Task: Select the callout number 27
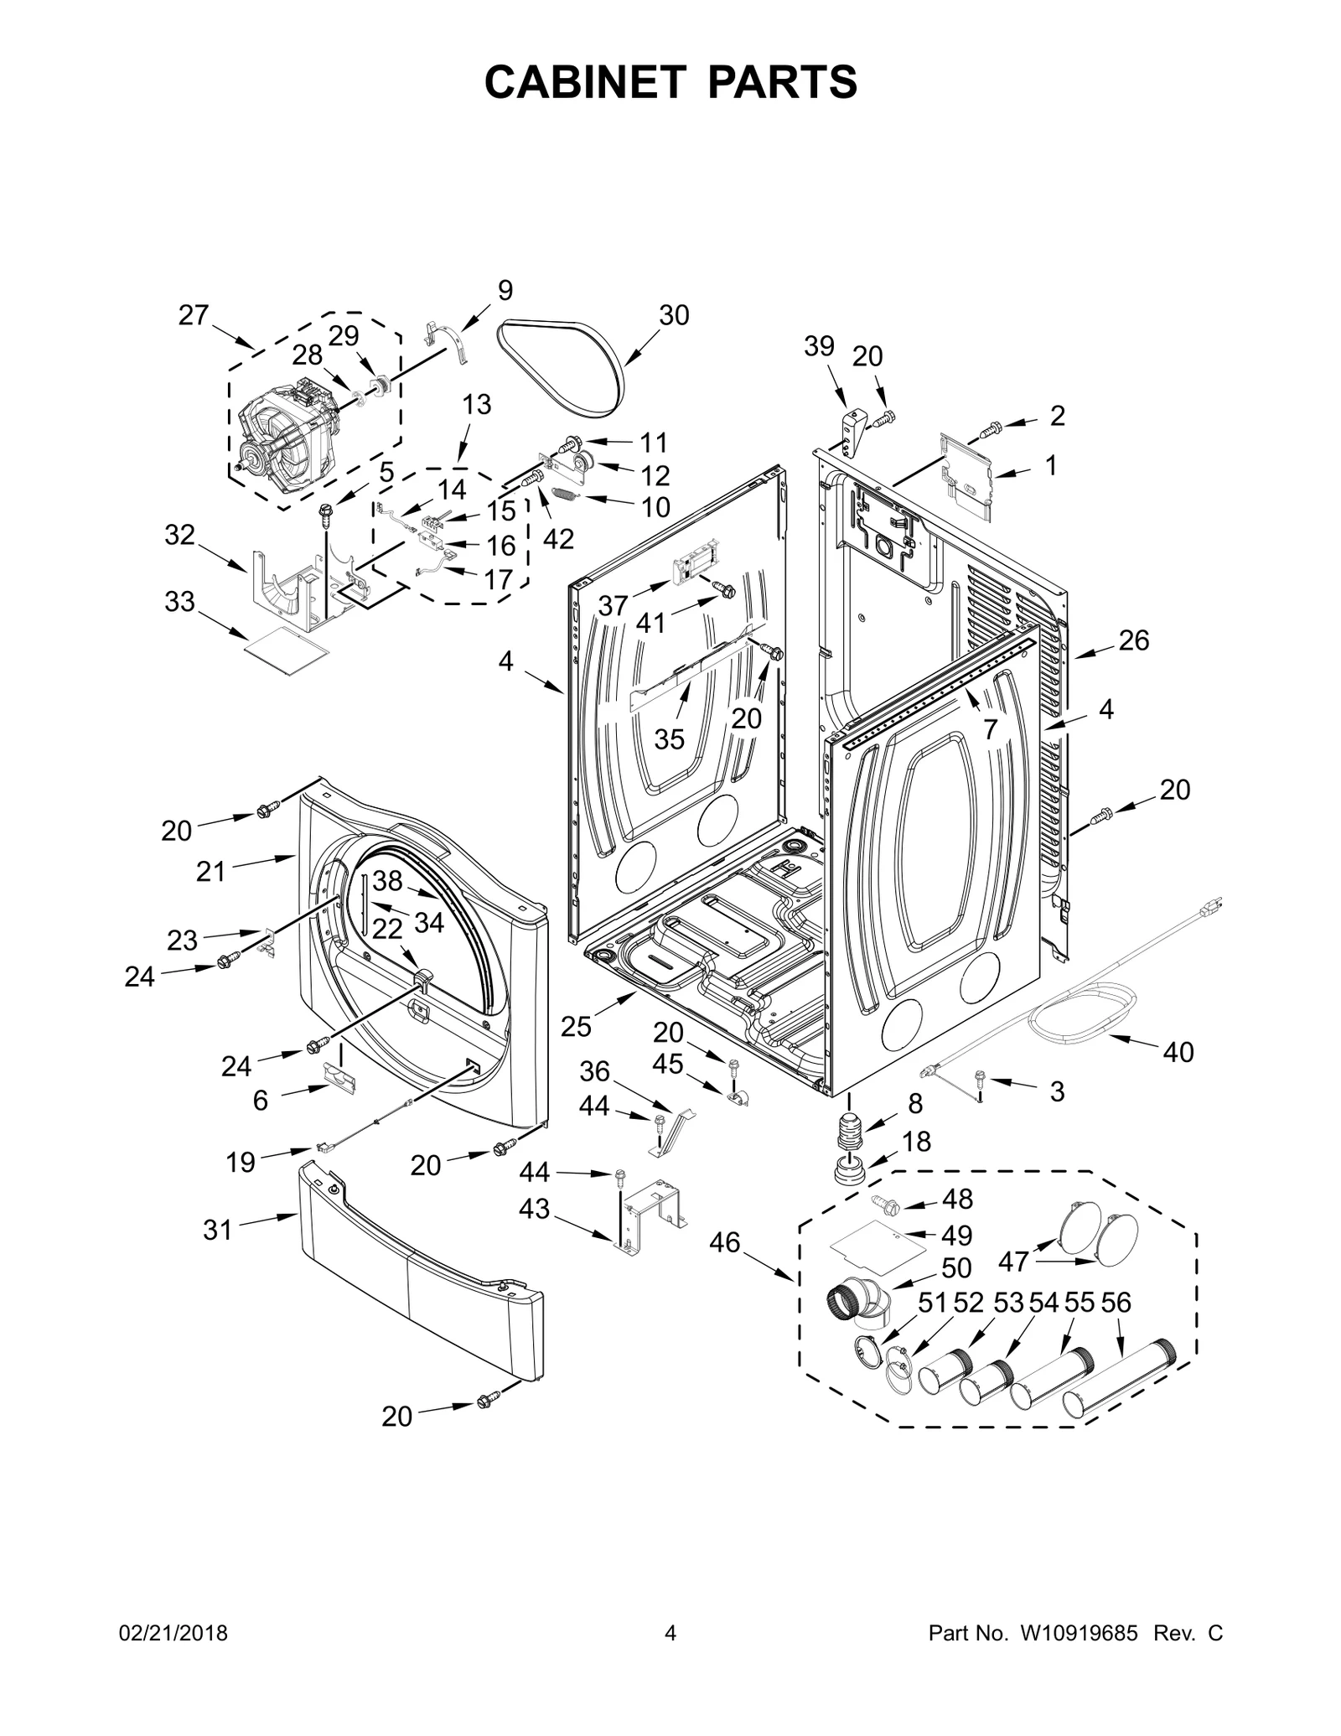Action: point(194,315)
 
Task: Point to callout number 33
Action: point(179,602)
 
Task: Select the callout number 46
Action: point(725,1266)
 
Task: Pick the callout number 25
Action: point(577,1027)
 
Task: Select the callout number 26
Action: point(1134,640)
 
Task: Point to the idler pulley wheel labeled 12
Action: point(583,462)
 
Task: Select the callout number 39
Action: point(819,345)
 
